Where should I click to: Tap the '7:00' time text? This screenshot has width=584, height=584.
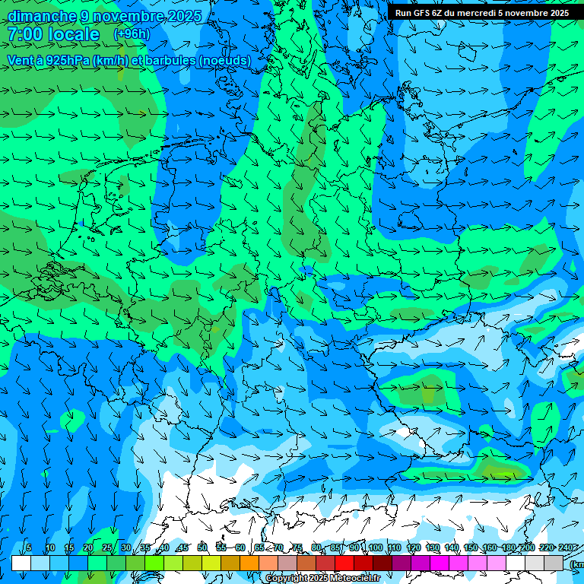[x=25, y=35]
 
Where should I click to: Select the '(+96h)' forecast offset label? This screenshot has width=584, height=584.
[x=132, y=34]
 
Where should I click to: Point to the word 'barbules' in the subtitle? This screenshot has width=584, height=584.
[x=166, y=60]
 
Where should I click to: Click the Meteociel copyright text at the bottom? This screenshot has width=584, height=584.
[x=322, y=579]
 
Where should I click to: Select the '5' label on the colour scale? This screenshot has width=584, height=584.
[x=29, y=548]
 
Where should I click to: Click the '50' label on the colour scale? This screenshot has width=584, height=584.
[x=202, y=548]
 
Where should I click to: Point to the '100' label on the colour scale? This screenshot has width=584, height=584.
[x=375, y=548]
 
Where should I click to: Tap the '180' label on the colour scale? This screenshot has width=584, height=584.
[x=508, y=548]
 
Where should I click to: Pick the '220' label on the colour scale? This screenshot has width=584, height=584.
[x=546, y=548]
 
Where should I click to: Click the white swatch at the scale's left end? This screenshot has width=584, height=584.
[x=21, y=563]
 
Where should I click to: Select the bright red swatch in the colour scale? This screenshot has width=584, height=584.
[x=344, y=563]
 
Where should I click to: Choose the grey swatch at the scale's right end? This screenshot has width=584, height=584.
[x=554, y=563]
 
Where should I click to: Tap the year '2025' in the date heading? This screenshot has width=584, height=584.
[x=182, y=16]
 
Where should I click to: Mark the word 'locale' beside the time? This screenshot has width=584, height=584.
[x=73, y=35]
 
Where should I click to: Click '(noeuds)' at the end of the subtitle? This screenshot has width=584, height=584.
[x=224, y=60]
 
